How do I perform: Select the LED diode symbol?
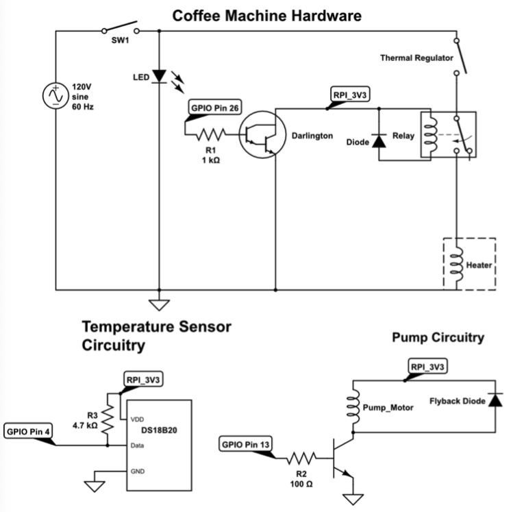click(x=159, y=76)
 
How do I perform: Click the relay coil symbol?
click(x=430, y=134)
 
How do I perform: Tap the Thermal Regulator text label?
click(x=417, y=58)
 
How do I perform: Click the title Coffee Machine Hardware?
click(x=266, y=15)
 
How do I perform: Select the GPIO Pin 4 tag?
click(x=27, y=432)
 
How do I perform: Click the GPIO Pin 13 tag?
click(x=246, y=445)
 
